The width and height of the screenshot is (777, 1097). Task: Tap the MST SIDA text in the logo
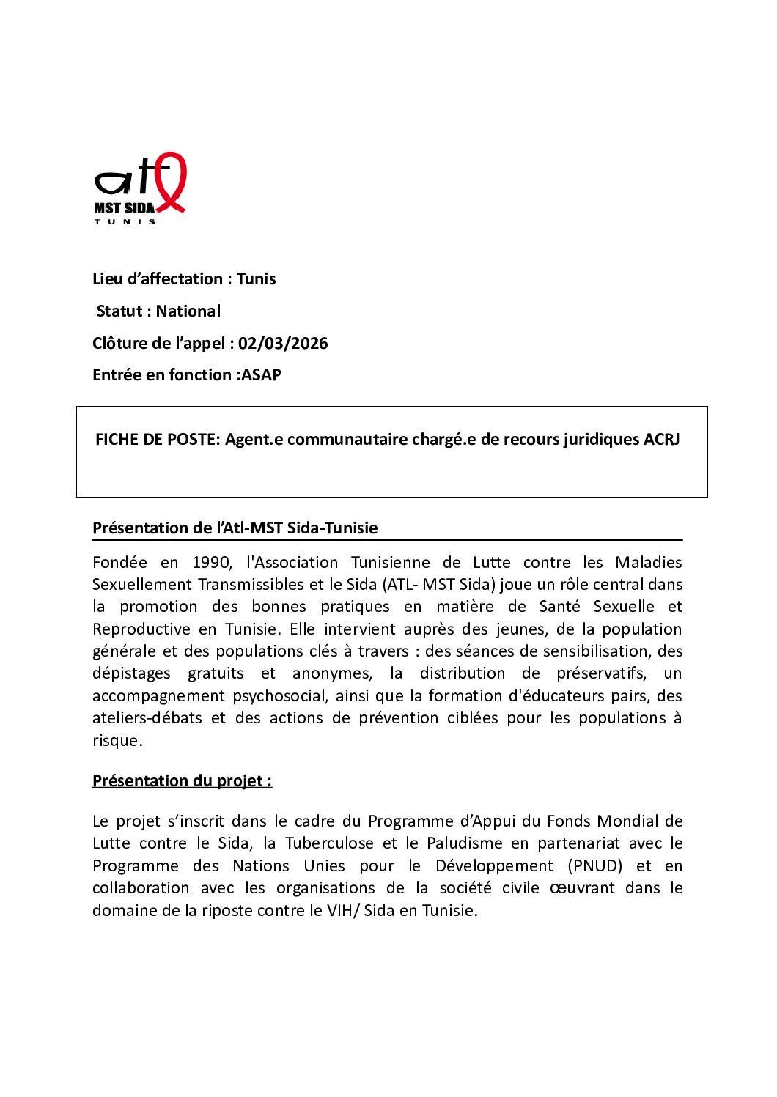point(124,208)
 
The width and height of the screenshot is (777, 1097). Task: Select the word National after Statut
point(188,311)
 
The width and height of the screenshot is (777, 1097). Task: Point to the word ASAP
point(262,374)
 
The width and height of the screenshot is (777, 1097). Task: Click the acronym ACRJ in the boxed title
point(661,439)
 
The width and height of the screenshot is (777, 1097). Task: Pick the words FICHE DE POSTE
point(155,439)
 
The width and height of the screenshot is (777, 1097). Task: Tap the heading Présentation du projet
point(182,780)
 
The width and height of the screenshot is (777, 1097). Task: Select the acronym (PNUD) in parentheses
point(595,865)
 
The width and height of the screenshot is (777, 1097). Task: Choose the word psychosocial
point(280,695)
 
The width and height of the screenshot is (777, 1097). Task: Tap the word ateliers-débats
point(147,717)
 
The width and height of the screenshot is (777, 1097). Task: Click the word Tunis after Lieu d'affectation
point(256,278)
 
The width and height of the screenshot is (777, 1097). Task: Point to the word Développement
point(494,865)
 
